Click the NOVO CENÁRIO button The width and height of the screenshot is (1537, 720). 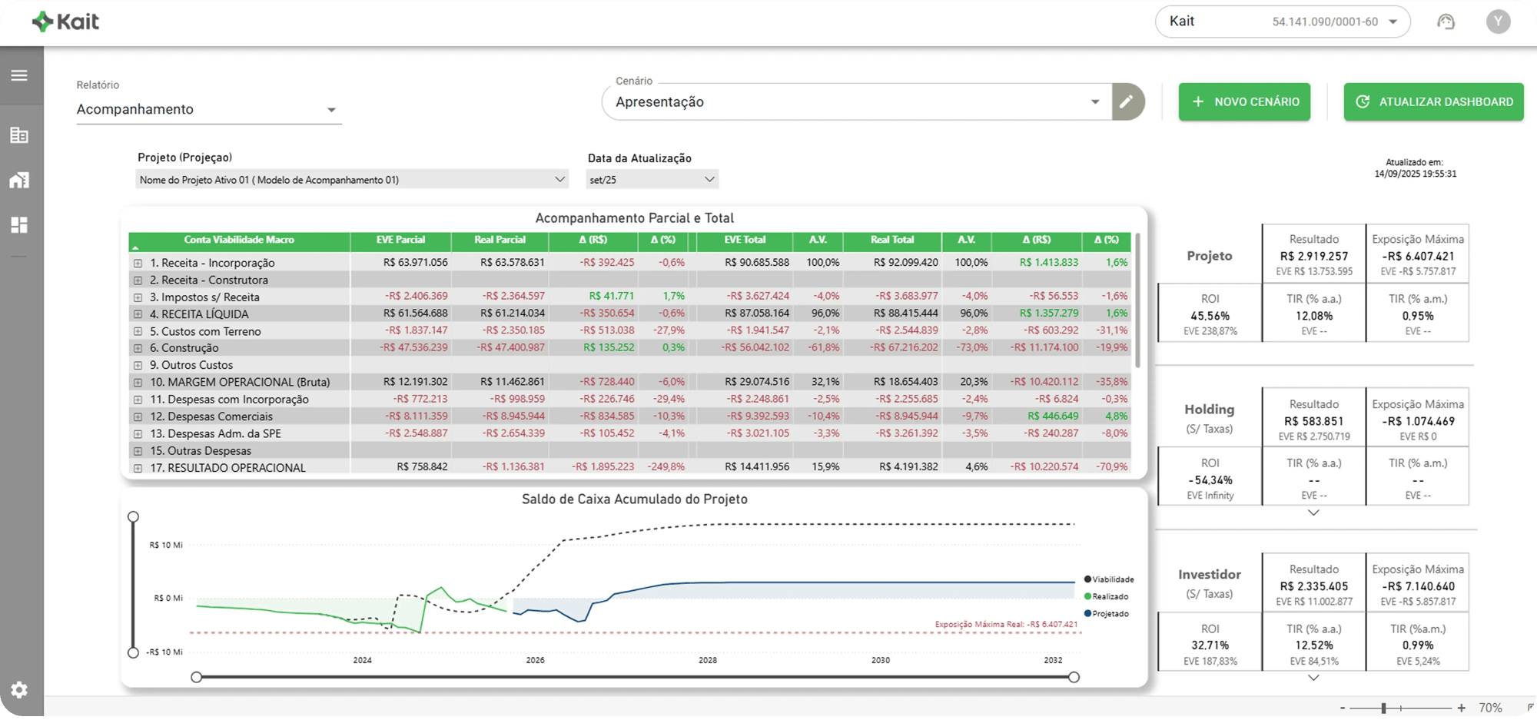coord(1244,102)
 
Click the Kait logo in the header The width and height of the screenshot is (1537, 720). coord(66,22)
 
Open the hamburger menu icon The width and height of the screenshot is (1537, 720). coord(19,75)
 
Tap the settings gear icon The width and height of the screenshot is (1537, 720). coord(19,689)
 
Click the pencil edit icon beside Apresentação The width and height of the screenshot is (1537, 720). coord(1127,101)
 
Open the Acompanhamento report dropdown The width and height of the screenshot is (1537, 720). coord(207,109)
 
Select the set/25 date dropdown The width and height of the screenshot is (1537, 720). coord(652,180)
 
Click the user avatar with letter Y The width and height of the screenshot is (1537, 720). coord(1497,22)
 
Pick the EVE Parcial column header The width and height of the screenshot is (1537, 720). coord(400,240)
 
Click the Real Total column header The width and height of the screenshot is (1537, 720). coord(891,240)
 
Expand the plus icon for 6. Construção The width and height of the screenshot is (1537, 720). coord(138,348)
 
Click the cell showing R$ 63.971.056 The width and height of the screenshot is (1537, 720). coord(415,263)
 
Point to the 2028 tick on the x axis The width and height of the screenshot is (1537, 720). coord(708,660)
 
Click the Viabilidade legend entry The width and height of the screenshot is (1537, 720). coord(1113,579)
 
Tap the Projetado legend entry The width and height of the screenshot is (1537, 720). coord(1110,613)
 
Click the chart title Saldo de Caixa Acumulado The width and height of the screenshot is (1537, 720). coord(634,499)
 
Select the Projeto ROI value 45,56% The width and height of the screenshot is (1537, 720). coord(1210,316)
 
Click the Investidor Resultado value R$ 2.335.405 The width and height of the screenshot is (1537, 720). coord(1313,586)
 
